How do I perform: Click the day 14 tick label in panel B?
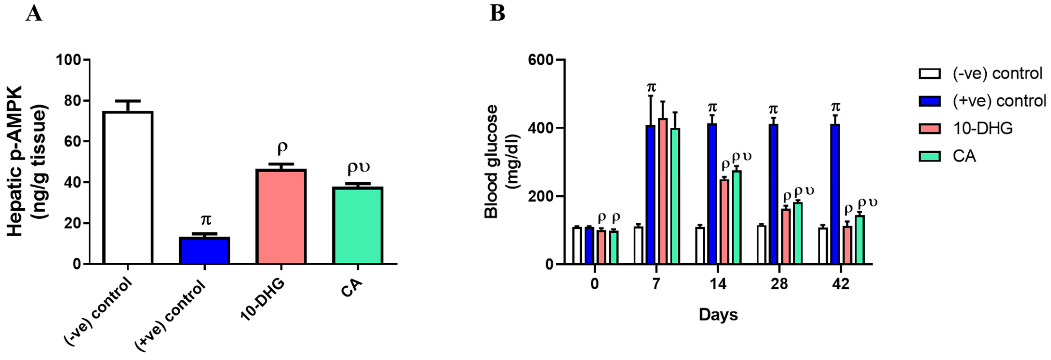pyautogui.click(x=718, y=283)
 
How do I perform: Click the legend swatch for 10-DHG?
pyautogui.click(x=929, y=129)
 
